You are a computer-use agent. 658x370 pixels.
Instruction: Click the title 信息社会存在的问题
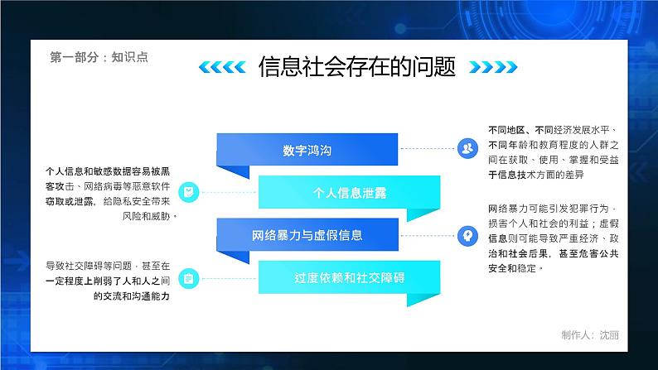pos(357,66)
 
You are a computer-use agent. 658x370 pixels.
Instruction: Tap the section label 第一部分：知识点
pos(99,58)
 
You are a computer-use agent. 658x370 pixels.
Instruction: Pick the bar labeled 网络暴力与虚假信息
pos(307,235)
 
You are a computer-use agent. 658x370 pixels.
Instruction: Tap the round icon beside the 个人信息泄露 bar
pos(189,192)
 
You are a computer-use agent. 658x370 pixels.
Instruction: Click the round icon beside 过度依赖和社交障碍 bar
pos(189,278)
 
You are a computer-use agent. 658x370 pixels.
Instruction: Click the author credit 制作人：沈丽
pos(589,335)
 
